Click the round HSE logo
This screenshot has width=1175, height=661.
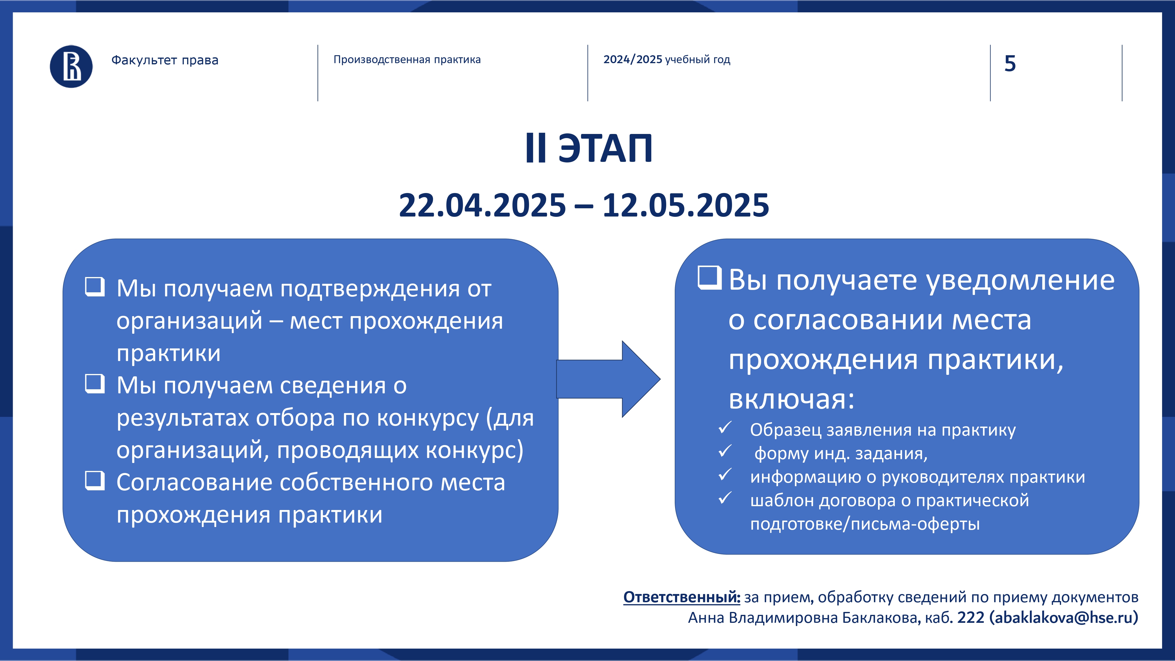click(71, 67)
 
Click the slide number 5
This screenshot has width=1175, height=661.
click(1010, 63)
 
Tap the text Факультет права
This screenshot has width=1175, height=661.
click(165, 60)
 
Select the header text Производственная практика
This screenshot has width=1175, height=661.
click(407, 60)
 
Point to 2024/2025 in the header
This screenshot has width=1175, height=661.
click(633, 59)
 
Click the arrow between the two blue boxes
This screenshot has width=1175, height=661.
click(608, 379)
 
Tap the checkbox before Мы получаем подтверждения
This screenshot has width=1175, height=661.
click(95, 287)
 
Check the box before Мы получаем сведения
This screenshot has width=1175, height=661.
click(95, 384)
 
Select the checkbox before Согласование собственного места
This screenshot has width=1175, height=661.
click(95, 481)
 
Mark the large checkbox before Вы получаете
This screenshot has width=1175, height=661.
click(710, 277)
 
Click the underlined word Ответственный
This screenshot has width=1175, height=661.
click(682, 597)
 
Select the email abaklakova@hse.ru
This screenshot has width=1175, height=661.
click(1063, 618)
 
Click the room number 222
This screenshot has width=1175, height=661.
click(971, 617)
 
